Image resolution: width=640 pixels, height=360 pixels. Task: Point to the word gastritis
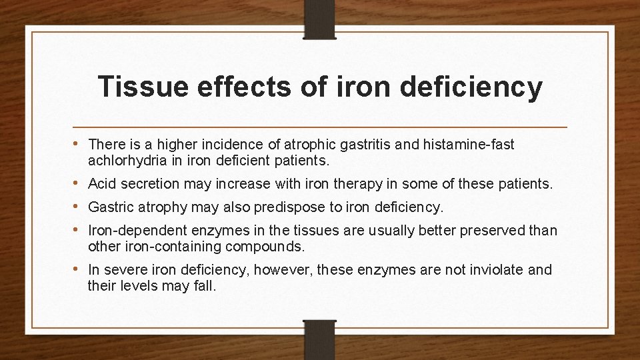[x=360, y=145]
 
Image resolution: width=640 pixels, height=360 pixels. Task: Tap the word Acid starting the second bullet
[x=101, y=183]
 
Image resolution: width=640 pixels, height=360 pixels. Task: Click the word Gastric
[x=109, y=207]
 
